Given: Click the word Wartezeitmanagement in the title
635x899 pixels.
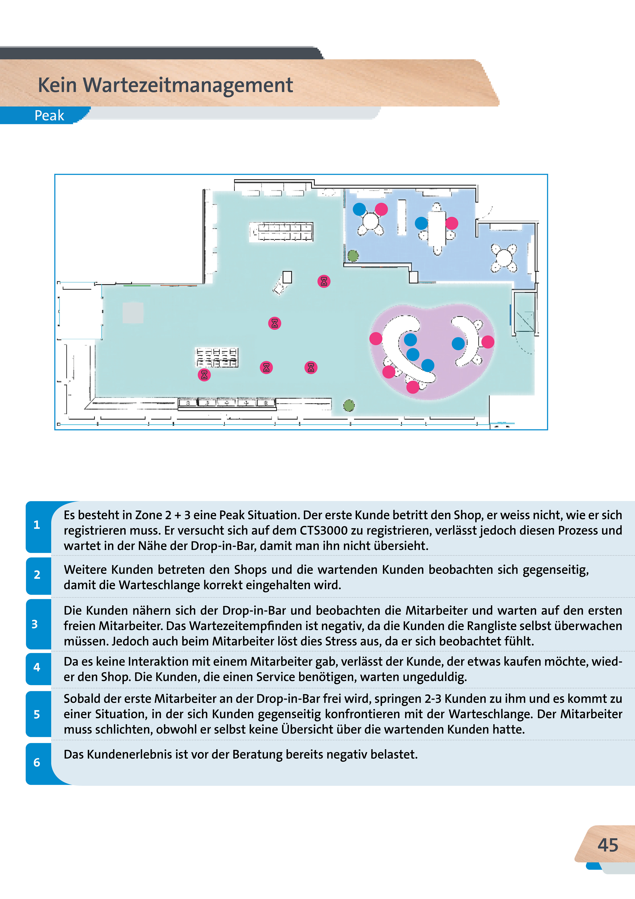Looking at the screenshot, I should coord(188,85).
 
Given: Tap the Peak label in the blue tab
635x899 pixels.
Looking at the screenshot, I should coord(49,116).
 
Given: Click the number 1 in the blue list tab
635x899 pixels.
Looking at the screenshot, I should coord(37,525).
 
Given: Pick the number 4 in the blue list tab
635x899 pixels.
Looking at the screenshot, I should coord(37,667).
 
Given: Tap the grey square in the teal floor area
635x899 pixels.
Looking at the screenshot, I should coord(133,313).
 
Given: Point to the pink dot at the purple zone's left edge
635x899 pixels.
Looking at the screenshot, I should coord(376,338).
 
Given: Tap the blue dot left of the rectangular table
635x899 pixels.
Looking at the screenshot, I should coord(421,223).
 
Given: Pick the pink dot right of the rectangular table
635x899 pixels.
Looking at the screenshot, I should coord(451,223).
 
